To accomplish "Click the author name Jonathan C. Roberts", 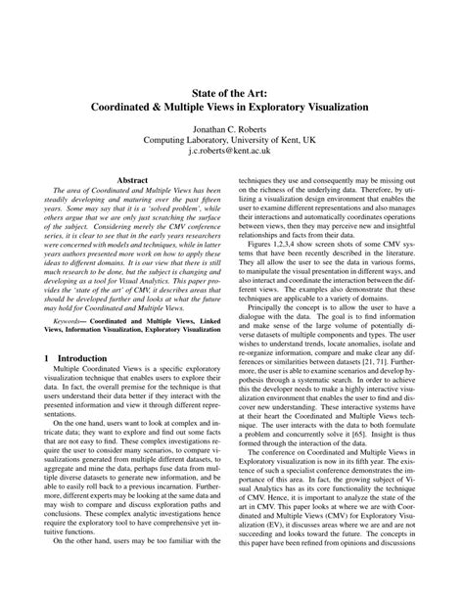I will point(231,127).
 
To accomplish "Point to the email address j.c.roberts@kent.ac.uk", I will point(231,153).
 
